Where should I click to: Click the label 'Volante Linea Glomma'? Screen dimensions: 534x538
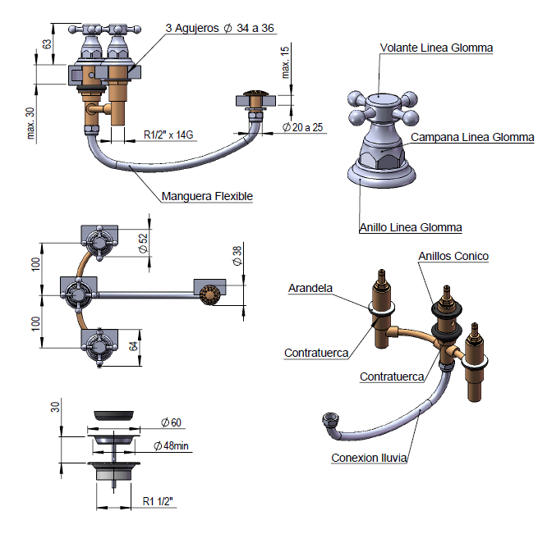pos(436,48)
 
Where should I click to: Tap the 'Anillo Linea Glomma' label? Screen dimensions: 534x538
pos(411,227)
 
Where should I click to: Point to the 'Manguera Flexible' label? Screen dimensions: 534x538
pos(207,196)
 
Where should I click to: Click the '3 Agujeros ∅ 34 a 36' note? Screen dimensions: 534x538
pos(220,28)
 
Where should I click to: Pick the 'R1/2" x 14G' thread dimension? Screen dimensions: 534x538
pos(170,135)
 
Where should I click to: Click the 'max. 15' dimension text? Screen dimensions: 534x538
pos(285,62)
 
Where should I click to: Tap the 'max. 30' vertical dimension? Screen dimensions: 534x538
pos(30,124)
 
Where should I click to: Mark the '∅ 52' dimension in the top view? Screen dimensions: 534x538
pos(143,241)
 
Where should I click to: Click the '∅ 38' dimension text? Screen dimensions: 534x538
pos(237,257)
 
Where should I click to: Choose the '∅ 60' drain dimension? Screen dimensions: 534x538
pos(171,422)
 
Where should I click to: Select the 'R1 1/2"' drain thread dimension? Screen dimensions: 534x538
pos(158,500)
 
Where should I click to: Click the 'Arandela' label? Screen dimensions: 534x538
pos(310,288)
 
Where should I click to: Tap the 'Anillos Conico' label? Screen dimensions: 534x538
pos(453,256)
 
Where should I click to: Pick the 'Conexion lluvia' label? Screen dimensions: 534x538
pos(370,458)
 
